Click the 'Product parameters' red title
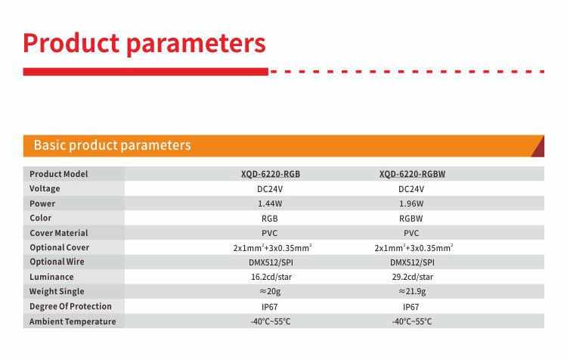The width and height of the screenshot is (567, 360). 144,43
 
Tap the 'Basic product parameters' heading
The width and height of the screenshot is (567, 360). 112,145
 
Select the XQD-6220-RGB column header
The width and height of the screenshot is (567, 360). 271,174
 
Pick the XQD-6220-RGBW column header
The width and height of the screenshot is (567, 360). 412,174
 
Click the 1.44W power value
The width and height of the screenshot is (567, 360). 270,203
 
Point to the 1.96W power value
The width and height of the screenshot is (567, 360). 411,203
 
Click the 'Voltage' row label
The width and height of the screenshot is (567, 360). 45,188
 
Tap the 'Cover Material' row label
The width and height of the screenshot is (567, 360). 58,233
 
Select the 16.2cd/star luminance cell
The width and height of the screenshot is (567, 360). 271,277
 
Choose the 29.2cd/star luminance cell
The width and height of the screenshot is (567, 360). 412,277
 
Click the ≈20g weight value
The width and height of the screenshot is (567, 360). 270,291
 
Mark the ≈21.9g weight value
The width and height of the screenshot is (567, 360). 412,291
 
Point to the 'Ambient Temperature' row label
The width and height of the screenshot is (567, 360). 73,321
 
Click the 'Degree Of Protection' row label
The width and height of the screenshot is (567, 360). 70,306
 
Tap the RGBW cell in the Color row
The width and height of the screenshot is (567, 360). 411,219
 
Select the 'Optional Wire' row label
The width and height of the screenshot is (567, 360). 57,262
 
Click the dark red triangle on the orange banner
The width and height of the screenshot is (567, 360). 540,150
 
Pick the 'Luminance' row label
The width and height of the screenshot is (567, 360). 51,277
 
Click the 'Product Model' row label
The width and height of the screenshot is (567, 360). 58,174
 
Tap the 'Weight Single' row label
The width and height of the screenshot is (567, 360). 57,292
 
